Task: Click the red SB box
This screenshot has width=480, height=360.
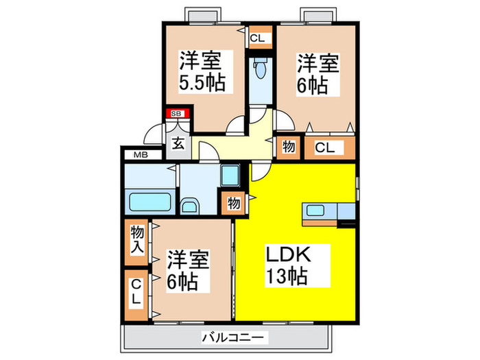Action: (x=176, y=113)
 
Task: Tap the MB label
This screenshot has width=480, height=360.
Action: (x=141, y=155)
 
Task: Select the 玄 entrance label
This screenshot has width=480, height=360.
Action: (x=178, y=144)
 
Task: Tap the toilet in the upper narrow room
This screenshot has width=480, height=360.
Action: (x=260, y=71)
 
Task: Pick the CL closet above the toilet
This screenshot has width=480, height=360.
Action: (x=256, y=38)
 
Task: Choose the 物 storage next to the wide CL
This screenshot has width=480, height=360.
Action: (x=288, y=147)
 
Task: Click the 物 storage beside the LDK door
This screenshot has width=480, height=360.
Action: (x=233, y=204)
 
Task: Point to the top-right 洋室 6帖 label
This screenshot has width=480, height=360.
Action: (x=317, y=73)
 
